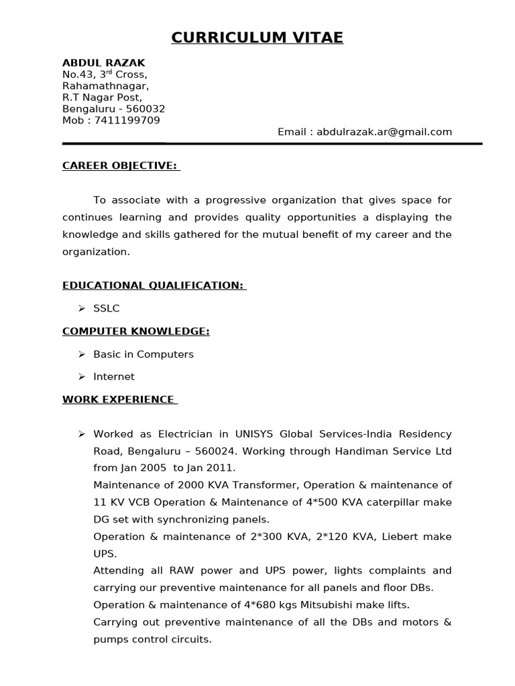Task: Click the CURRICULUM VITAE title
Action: tap(257, 38)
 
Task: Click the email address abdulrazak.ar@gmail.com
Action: tap(384, 132)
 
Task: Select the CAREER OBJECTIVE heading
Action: tap(120, 165)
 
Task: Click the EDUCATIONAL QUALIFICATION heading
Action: tap(153, 285)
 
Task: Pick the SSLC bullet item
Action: tap(106, 308)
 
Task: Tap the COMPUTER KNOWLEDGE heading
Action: tap(136, 331)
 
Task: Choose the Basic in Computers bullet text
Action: tap(144, 354)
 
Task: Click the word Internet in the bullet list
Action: tap(114, 376)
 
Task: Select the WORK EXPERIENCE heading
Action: tap(118, 399)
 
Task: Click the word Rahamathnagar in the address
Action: tap(106, 86)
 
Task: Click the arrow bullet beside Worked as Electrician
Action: tap(81, 434)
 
